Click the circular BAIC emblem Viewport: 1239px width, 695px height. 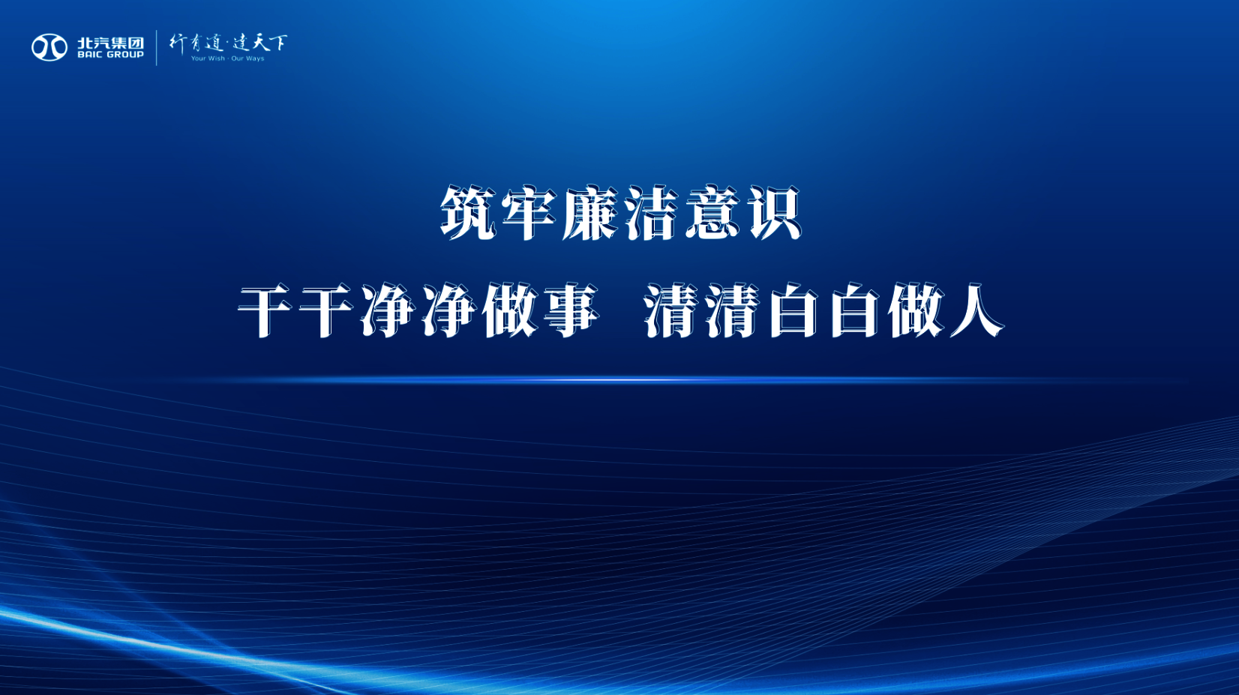click(x=49, y=47)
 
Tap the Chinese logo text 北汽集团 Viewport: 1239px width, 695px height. click(x=111, y=43)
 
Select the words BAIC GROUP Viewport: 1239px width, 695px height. click(x=111, y=55)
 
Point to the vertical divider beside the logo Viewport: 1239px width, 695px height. click(x=157, y=47)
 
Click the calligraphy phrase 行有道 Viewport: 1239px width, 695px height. click(x=196, y=43)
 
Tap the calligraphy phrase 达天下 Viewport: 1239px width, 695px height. click(x=260, y=43)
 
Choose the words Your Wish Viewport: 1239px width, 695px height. click(x=208, y=58)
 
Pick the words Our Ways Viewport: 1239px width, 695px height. click(x=247, y=58)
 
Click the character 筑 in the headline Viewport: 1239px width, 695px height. click(x=468, y=214)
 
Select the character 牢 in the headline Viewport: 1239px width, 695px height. click(x=529, y=214)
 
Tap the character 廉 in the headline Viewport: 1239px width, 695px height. click(x=589, y=214)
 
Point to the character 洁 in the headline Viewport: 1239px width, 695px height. click(x=651, y=214)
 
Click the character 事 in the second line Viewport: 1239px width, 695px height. click(x=570, y=310)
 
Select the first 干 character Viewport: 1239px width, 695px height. click(x=265, y=310)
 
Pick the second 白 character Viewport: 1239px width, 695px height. click(x=854, y=310)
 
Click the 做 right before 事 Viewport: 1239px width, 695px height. click(x=509, y=310)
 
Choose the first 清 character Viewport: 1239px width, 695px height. click(x=671, y=310)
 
